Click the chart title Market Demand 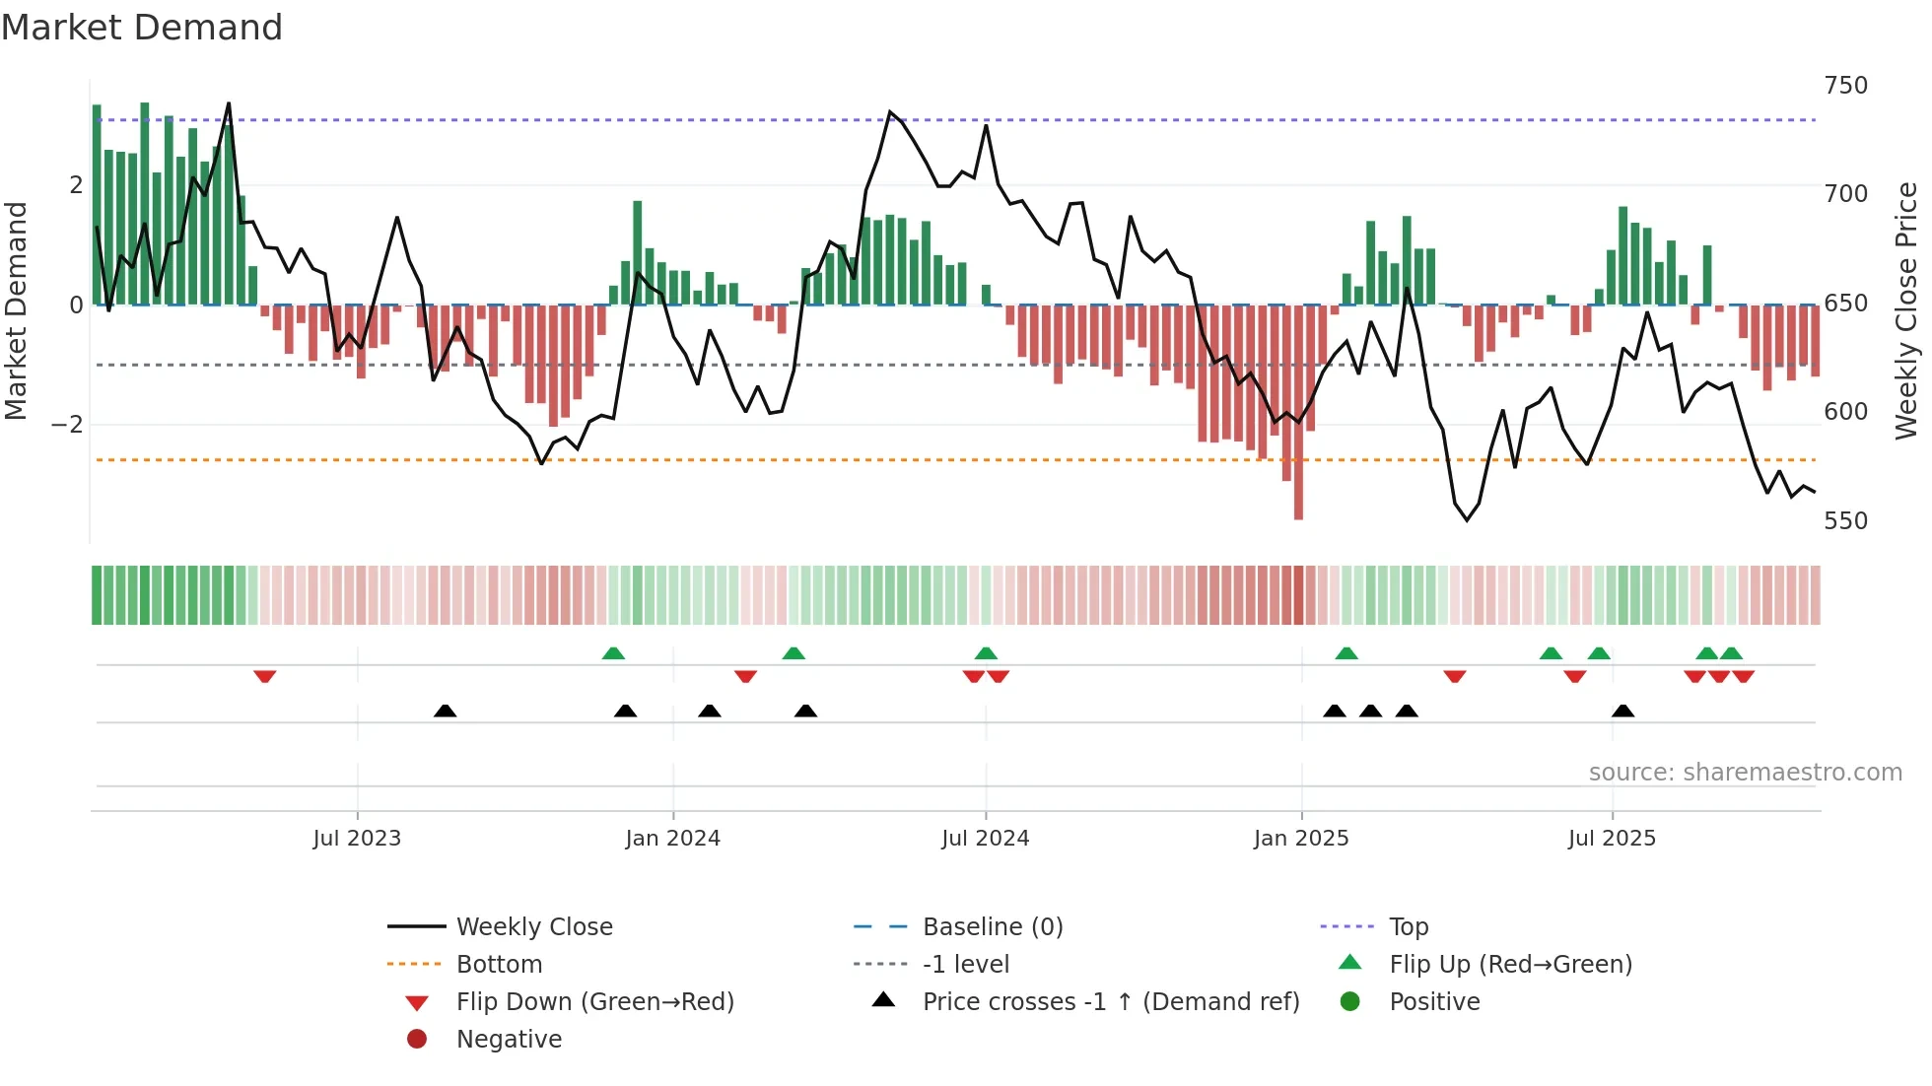[142, 28]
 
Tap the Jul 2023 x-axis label [357, 839]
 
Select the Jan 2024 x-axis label [672, 839]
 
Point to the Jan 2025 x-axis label [1301, 839]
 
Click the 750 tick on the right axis [1845, 86]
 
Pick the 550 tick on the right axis [1845, 521]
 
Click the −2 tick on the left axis [68, 425]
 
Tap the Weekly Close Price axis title [1906, 310]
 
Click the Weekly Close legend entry [533, 927]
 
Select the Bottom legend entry [499, 965]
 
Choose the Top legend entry [1408, 927]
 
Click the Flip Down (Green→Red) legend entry [594, 1002]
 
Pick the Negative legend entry [509, 1040]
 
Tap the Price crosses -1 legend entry [1110, 1002]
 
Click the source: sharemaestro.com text [1745, 773]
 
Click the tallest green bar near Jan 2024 [638, 252]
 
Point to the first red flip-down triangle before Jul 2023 [264, 677]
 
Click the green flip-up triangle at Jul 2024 [986, 653]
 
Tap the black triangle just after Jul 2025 [1622, 711]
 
